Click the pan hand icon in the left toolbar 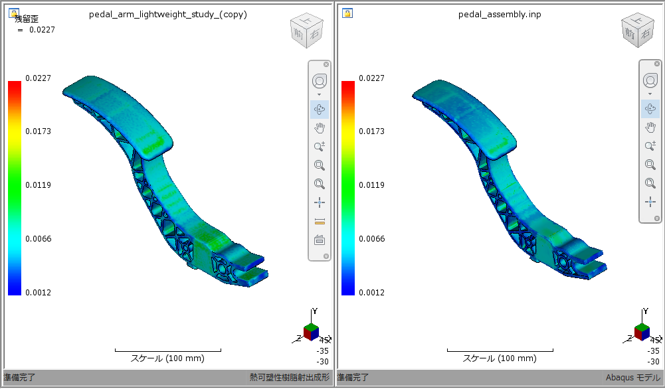click(320, 127)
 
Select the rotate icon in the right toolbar click(650, 108)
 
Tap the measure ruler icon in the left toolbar click(320, 221)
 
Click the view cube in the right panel click(638, 31)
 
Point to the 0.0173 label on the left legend click(38, 131)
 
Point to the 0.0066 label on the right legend click(371, 238)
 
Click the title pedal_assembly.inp click(500, 15)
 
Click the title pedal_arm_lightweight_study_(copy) click(168, 15)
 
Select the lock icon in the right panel click(347, 13)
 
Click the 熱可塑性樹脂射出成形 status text click(290, 378)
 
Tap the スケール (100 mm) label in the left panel click(167, 358)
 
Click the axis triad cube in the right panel click(642, 331)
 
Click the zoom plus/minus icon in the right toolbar click(650, 146)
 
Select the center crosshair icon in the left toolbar click(320, 202)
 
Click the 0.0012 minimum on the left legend click(38, 292)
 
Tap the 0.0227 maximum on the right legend click(371, 78)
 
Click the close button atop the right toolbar click(657, 64)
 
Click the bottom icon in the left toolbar click(320, 240)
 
